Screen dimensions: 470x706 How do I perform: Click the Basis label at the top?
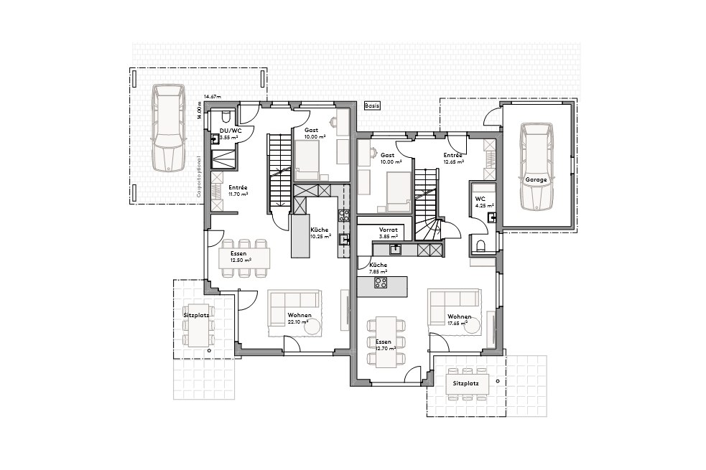[372, 105]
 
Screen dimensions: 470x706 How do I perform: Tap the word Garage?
[536, 179]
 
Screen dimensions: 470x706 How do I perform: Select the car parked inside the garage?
[536, 166]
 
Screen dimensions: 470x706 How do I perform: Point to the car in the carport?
[167, 127]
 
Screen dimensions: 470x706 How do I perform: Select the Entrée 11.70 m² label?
[238, 191]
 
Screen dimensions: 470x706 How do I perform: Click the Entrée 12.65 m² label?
[453, 159]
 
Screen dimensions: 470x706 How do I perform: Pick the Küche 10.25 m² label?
[320, 233]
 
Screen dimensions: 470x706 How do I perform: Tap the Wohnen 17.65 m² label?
[459, 319]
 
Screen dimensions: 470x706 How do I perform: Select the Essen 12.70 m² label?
[385, 345]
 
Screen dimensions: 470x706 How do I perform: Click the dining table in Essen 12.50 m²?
[245, 256]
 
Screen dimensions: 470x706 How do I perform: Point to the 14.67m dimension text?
[212, 96]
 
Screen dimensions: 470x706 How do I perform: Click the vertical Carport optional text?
[198, 176]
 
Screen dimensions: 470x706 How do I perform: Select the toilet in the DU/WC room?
[225, 117]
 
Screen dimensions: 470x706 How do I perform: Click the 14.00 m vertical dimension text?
[199, 109]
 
